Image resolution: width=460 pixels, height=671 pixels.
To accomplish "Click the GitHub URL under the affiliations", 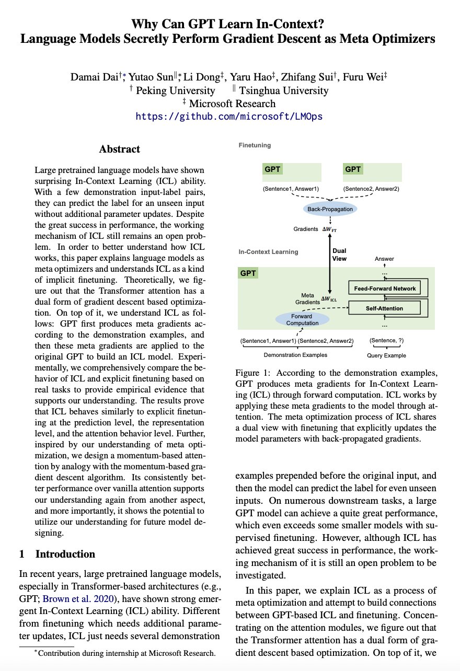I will pos(229,117).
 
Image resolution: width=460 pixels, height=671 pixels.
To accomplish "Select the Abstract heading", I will pos(120,149).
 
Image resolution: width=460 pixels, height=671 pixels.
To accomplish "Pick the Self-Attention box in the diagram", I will pos(384,308).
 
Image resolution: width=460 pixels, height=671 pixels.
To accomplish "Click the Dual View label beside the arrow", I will pos(339,254).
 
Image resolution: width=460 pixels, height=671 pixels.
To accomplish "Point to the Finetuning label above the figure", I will pos(255,145).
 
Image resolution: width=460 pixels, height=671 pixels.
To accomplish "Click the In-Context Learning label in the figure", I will pos(268,251).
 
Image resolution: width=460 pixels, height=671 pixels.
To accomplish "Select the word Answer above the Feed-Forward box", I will pos(384,259).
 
